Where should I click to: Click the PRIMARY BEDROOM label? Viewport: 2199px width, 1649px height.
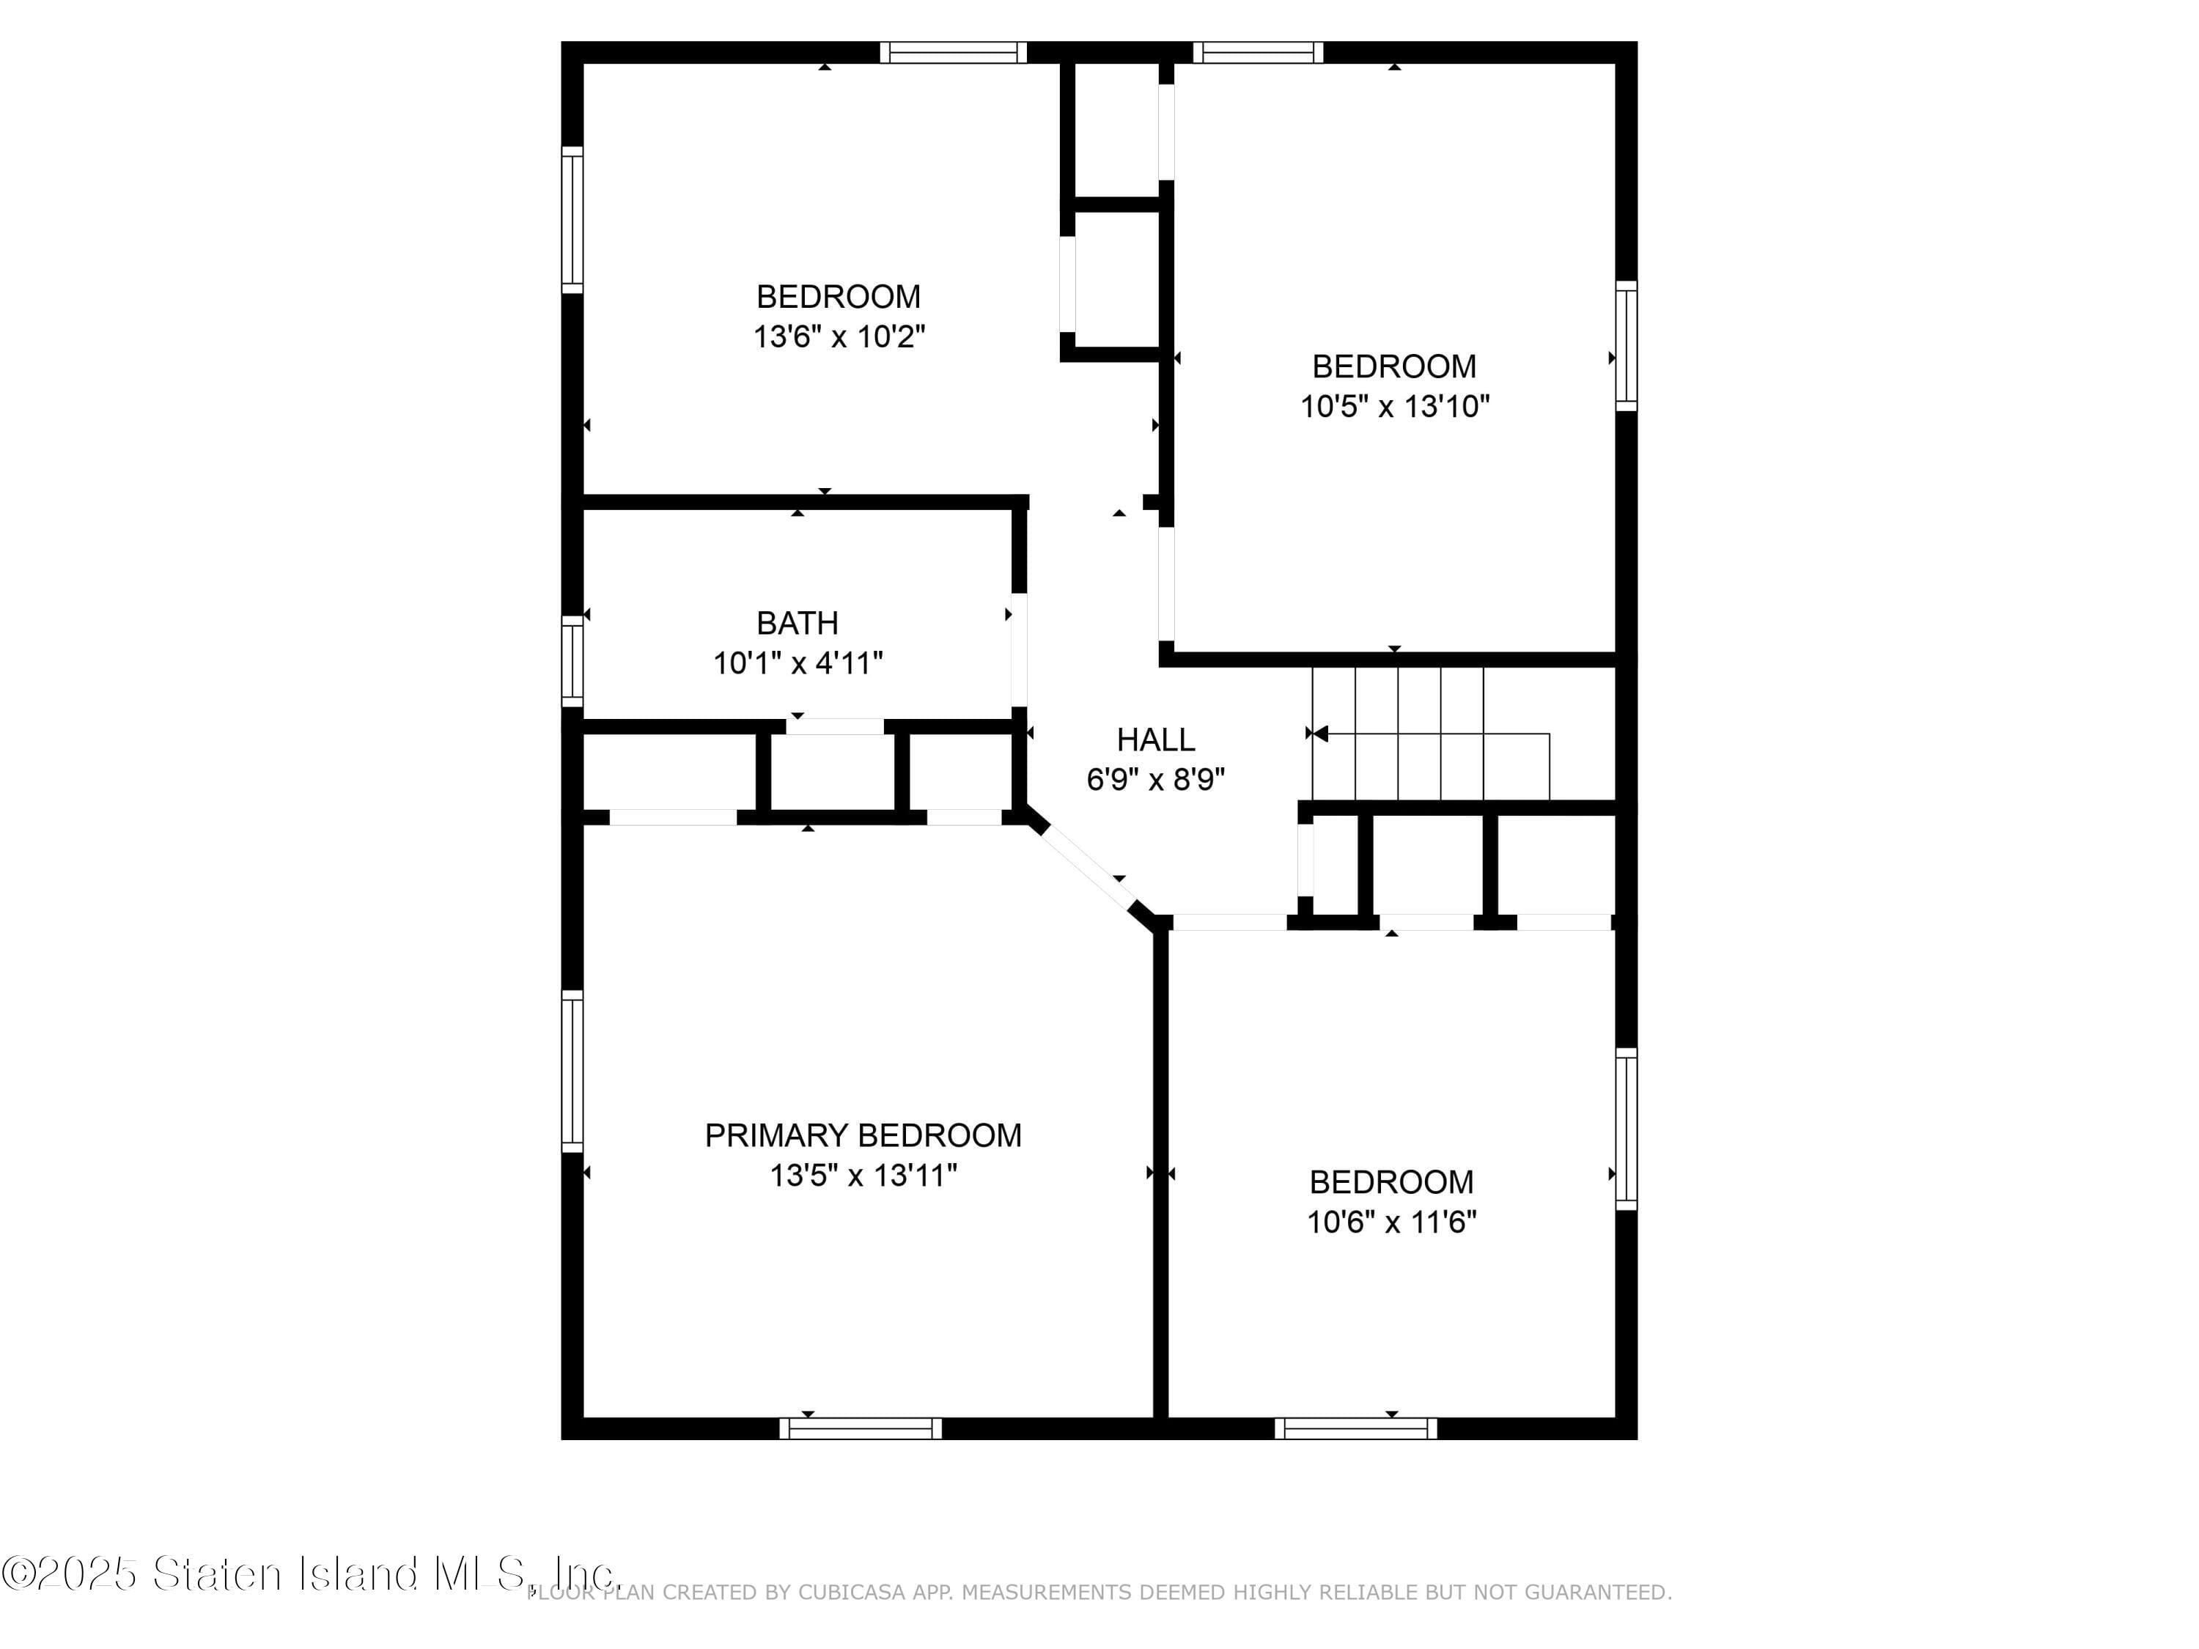(x=862, y=1135)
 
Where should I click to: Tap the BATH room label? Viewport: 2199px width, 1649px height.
(x=798, y=623)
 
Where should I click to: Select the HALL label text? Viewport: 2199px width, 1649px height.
(x=1155, y=739)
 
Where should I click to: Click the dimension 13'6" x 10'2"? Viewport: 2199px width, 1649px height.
(x=839, y=337)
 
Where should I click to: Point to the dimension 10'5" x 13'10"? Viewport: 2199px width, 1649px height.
(x=1395, y=407)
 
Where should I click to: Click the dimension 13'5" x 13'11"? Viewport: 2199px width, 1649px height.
(x=862, y=1176)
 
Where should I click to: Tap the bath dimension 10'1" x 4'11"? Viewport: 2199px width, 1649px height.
(x=798, y=663)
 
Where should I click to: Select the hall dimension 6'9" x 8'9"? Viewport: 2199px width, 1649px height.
(x=1155, y=779)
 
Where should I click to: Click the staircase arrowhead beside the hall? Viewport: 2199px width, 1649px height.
(x=1319, y=734)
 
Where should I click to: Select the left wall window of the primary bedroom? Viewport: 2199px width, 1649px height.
(x=572, y=1071)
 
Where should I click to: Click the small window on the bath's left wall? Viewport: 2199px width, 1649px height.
(x=572, y=661)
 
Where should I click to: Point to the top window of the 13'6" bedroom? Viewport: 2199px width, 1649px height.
(x=952, y=53)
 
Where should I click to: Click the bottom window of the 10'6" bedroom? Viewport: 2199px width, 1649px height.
(x=1355, y=1428)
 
